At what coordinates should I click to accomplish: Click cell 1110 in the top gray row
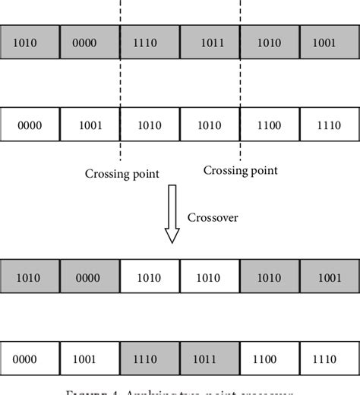(x=150, y=43)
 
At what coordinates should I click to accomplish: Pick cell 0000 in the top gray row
(x=90, y=43)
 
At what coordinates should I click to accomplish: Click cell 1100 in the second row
(x=270, y=125)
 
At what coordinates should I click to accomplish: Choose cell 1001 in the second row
(x=90, y=125)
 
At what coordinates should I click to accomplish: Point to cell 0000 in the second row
(x=30, y=125)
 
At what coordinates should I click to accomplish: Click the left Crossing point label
(x=122, y=174)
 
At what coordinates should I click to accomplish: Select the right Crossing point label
(x=240, y=171)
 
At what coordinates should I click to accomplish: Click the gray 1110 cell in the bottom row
(x=150, y=359)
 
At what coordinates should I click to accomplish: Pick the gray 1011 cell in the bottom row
(x=210, y=359)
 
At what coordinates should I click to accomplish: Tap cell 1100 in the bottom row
(x=270, y=359)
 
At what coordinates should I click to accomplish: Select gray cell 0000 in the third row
(x=90, y=277)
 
